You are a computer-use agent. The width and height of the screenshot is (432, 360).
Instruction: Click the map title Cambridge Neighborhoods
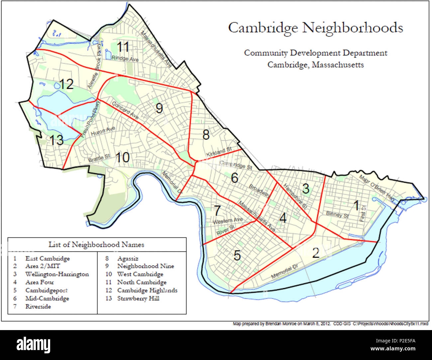pyautogui.click(x=315, y=28)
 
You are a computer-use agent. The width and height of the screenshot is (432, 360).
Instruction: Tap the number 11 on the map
pyautogui.click(x=123, y=47)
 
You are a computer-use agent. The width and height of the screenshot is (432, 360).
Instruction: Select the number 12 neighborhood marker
pyautogui.click(x=66, y=84)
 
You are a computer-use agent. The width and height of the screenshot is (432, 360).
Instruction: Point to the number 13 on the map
pyautogui.click(x=57, y=140)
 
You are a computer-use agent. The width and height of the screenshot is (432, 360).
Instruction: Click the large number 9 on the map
pyautogui.click(x=159, y=108)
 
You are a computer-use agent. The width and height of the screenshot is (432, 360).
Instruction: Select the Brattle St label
pyautogui.click(x=99, y=159)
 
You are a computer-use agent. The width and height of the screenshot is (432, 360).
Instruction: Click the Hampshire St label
pyautogui.click(x=294, y=197)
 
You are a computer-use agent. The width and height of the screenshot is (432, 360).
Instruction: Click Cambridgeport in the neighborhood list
pyautogui.click(x=46, y=290)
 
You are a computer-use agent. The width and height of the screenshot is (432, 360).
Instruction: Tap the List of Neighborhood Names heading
pyautogui.click(x=96, y=245)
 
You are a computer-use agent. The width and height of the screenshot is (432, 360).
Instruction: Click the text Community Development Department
pyautogui.click(x=316, y=53)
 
